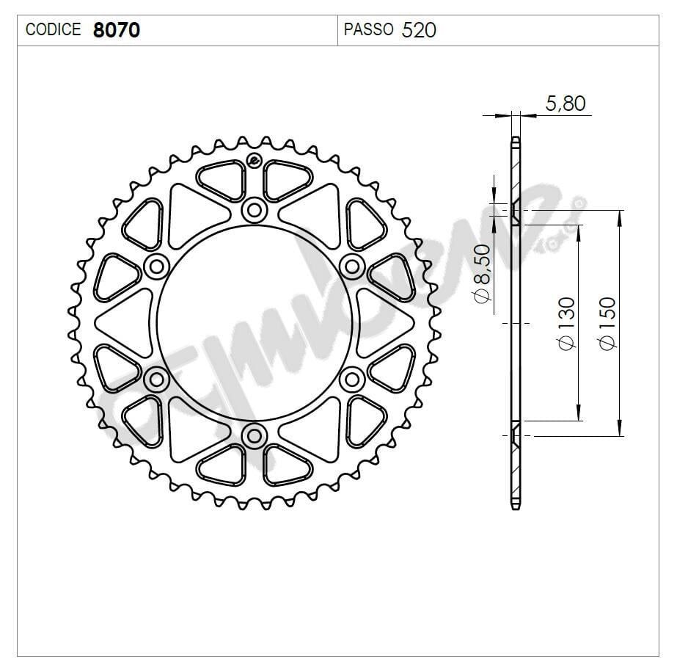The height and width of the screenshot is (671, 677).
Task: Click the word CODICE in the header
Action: pyautogui.click(x=54, y=30)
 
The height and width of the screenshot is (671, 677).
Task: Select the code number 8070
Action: pyautogui.click(x=117, y=30)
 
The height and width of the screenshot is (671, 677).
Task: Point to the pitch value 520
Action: pyautogui.click(x=420, y=30)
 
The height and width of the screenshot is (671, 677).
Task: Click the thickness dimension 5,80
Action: pyautogui.click(x=566, y=104)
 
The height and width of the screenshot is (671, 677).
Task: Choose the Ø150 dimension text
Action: pyautogui.click(x=607, y=324)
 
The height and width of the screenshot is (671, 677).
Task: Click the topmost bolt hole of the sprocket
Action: pyautogui.click(x=254, y=211)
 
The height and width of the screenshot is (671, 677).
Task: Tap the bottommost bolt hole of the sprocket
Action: pyautogui.click(x=254, y=435)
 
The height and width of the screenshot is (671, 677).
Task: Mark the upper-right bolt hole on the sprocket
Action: pyautogui.click(x=352, y=266)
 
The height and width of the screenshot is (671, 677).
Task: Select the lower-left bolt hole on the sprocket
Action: pyautogui.click(x=155, y=380)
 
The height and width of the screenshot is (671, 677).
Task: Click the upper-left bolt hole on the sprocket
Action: pyautogui.click(x=155, y=266)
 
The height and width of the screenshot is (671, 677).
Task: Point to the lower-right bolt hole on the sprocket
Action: pyautogui.click(x=352, y=380)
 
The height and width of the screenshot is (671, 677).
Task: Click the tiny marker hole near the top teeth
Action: pyautogui.click(x=254, y=162)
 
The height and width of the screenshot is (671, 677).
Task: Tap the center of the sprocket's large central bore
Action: pyautogui.click(x=254, y=323)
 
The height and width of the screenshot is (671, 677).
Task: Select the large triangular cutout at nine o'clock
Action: pyautogui.click(x=123, y=323)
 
